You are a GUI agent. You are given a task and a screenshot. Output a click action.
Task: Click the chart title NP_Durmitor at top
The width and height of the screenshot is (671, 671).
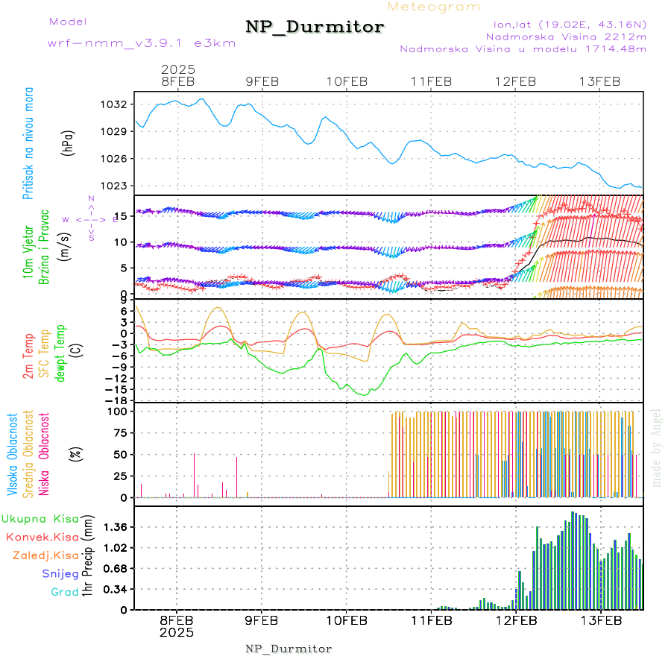315,28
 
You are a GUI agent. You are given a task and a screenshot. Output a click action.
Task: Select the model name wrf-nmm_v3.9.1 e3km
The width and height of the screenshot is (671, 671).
142,43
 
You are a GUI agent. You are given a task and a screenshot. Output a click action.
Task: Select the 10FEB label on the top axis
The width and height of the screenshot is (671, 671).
347,81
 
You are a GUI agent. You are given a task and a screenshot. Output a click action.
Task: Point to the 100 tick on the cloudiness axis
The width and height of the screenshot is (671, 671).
118,411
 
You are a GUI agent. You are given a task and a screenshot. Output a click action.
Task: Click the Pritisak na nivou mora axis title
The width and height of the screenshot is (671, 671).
29,145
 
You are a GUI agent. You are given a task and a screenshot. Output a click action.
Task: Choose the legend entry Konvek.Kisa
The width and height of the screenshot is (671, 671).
42,537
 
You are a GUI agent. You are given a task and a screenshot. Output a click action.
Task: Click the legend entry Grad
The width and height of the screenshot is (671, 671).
65,592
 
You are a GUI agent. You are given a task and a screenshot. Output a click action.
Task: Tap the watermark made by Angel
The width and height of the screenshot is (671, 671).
657,447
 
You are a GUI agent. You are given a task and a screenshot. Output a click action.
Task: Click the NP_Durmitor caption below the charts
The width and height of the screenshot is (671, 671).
289,649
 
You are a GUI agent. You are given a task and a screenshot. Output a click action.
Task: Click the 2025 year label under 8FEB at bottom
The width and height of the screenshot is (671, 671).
177,632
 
